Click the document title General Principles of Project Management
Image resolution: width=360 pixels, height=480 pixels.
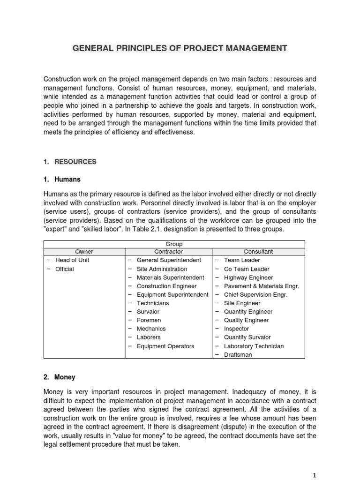(180, 48)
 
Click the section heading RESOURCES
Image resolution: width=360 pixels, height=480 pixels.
(75, 162)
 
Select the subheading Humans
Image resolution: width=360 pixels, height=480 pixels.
(67, 179)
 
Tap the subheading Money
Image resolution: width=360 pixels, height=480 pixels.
(65, 377)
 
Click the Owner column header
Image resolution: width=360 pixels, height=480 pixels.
(84, 252)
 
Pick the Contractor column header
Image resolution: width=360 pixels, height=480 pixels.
(168, 252)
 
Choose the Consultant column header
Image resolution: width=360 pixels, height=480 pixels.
(258, 252)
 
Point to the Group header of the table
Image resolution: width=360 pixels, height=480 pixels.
(174, 244)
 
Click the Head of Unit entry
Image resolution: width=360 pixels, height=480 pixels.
(72, 260)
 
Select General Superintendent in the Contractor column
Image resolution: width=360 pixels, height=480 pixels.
(169, 260)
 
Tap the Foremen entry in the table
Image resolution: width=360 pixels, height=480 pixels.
(148, 320)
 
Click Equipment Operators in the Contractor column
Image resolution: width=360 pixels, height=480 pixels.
(165, 346)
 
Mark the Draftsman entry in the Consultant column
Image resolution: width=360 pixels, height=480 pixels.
(238, 355)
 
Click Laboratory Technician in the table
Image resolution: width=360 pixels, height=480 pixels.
(254, 346)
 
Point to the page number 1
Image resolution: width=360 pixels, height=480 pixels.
(315, 474)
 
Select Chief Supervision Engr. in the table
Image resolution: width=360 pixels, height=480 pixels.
(255, 294)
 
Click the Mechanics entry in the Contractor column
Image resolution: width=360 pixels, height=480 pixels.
(151, 329)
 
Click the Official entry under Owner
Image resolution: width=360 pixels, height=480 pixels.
(65, 269)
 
